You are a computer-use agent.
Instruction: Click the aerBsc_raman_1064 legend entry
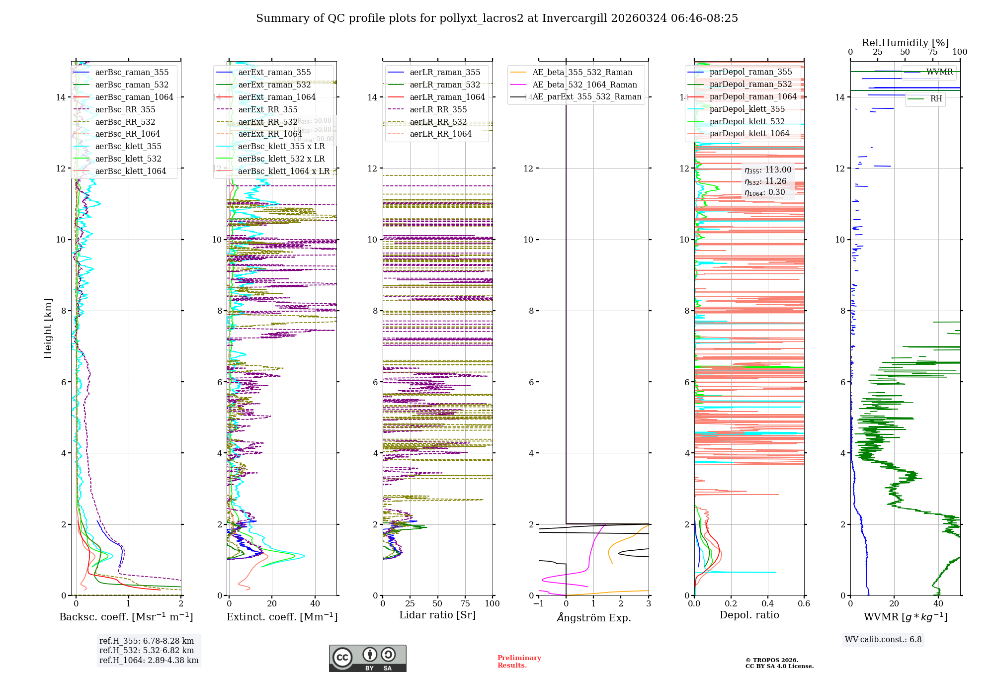pos(134,97)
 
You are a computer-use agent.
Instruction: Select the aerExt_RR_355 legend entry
pos(268,109)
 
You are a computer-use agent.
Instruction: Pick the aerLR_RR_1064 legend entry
pos(440,134)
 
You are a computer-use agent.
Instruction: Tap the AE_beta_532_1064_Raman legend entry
pos(584,84)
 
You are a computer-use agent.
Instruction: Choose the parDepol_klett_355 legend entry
pos(747,109)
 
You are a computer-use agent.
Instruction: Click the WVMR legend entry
pos(939,72)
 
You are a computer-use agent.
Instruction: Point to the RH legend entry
pos(936,99)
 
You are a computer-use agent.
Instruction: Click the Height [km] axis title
pos(48,328)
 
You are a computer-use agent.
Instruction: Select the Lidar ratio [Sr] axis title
pos(437,615)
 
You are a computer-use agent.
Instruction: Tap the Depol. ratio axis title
pos(749,615)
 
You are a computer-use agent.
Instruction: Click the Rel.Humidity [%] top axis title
pos(905,43)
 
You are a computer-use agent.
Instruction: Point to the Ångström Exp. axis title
pos(593,617)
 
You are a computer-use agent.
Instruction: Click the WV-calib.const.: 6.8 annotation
pos(883,640)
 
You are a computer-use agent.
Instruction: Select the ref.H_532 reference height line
pos(147,650)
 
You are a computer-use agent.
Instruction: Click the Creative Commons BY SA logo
pos(367,658)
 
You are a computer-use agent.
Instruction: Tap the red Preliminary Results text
pos(519,661)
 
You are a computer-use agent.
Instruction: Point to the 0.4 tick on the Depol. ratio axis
pos(767,603)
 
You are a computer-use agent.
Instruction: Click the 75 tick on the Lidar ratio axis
pos(465,603)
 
